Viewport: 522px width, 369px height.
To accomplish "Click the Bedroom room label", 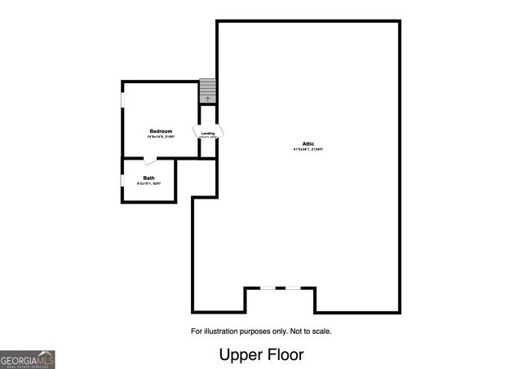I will [161, 131].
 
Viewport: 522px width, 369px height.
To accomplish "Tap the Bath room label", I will [148, 178].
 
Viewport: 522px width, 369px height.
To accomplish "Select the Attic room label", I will [307, 143].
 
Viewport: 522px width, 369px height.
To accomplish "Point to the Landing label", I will [209, 133].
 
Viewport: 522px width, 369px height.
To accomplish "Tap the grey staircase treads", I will [208, 87].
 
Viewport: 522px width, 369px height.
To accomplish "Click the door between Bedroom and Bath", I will [149, 160].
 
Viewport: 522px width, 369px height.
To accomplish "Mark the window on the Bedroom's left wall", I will [122, 99].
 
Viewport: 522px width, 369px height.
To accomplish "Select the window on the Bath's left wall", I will [122, 181].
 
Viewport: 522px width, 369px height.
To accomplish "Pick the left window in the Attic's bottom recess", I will [267, 288].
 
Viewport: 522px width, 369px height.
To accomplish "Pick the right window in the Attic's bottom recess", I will [293, 288].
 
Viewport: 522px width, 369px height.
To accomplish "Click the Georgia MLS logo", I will [27, 359].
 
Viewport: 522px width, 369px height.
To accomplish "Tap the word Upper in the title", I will [240, 355].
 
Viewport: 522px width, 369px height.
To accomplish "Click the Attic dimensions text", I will [307, 150].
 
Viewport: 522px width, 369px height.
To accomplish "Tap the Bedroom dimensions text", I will [161, 137].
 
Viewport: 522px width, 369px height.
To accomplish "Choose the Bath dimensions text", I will [148, 184].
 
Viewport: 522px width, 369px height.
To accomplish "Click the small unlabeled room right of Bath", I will [196, 178].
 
